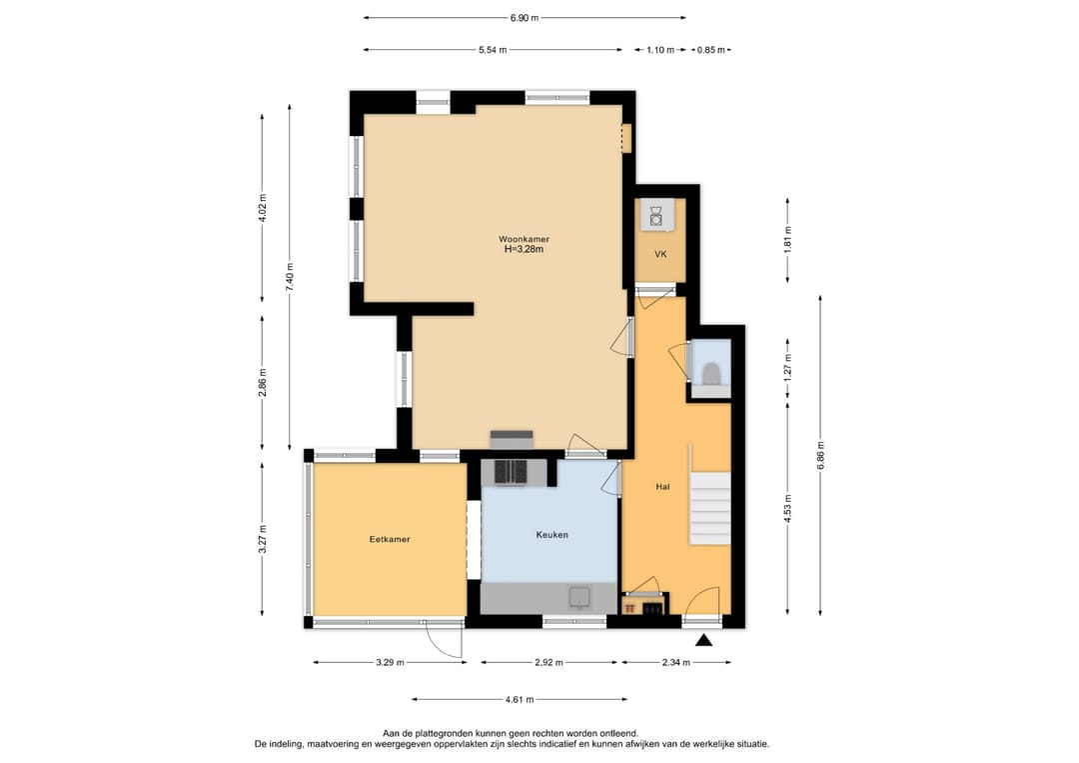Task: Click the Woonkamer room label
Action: pyautogui.click(x=525, y=239)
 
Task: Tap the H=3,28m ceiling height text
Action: pyautogui.click(x=525, y=250)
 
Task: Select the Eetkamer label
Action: pyautogui.click(x=390, y=539)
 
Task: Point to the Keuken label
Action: pyautogui.click(x=551, y=535)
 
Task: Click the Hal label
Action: pyautogui.click(x=662, y=487)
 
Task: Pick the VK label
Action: pyautogui.click(x=660, y=255)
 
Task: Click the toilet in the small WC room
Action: pyautogui.click(x=711, y=372)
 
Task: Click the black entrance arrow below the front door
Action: pyautogui.click(x=704, y=641)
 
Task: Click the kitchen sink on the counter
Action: pyautogui.click(x=579, y=597)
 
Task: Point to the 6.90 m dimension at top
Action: pyautogui.click(x=525, y=17)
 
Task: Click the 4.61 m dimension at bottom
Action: pyautogui.click(x=519, y=699)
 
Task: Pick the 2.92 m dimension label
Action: pyautogui.click(x=548, y=662)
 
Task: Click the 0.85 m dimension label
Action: pyautogui.click(x=711, y=49)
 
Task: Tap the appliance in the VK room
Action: pyautogui.click(x=656, y=215)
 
